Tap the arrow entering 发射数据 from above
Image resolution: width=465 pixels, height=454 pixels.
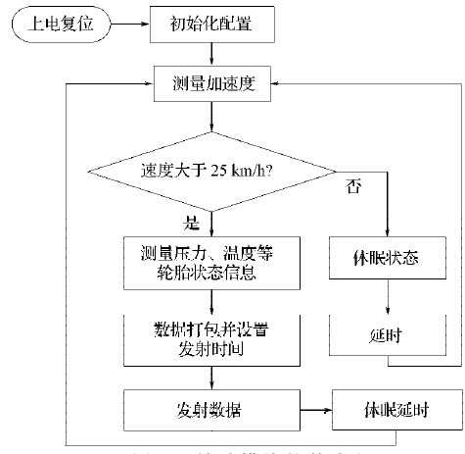(x=210, y=376)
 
